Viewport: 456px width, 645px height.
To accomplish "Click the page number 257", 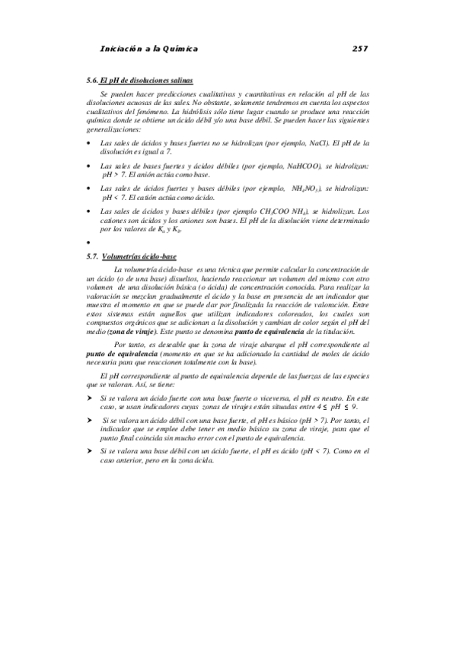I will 360,49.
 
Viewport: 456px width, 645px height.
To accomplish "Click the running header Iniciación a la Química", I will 149,49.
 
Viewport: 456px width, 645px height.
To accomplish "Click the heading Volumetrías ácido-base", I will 140,256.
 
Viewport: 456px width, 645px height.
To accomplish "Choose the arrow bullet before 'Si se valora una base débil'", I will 90,452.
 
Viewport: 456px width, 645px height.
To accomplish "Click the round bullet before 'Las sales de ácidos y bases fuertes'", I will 89,142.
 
